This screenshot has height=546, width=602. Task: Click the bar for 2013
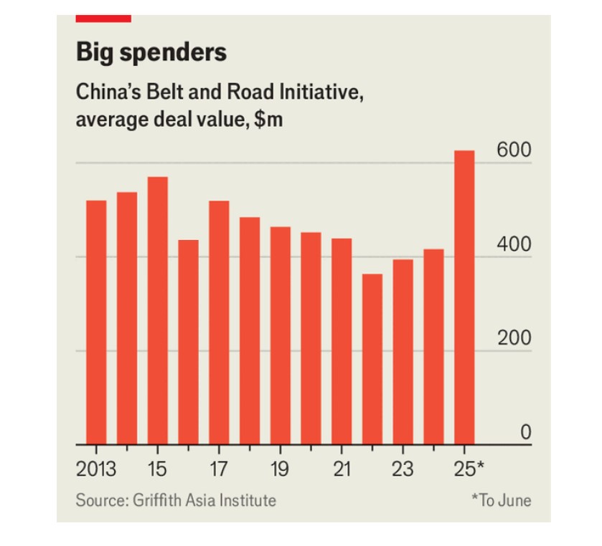tap(96, 322)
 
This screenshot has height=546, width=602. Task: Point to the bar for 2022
tap(372, 359)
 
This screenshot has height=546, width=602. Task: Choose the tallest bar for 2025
tap(465, 297)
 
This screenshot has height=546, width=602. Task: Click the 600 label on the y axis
tap(513, 151)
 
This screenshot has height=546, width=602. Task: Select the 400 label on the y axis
tap(513, 244)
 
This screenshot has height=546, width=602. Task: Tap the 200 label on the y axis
tap(513, 338)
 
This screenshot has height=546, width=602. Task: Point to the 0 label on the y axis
tap(525, 432)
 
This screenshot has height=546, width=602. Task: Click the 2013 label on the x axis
tap(96, 470)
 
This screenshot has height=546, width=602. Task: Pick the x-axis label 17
tap(218, 470)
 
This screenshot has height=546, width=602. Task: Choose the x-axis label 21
tap(342, 470)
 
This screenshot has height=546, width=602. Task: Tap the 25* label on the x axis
tap(469, 470)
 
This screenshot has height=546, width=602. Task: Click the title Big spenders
tap(151, 52)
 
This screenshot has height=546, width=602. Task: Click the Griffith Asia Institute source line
tap(176, 500)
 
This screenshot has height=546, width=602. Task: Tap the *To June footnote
tap(501, 500)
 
